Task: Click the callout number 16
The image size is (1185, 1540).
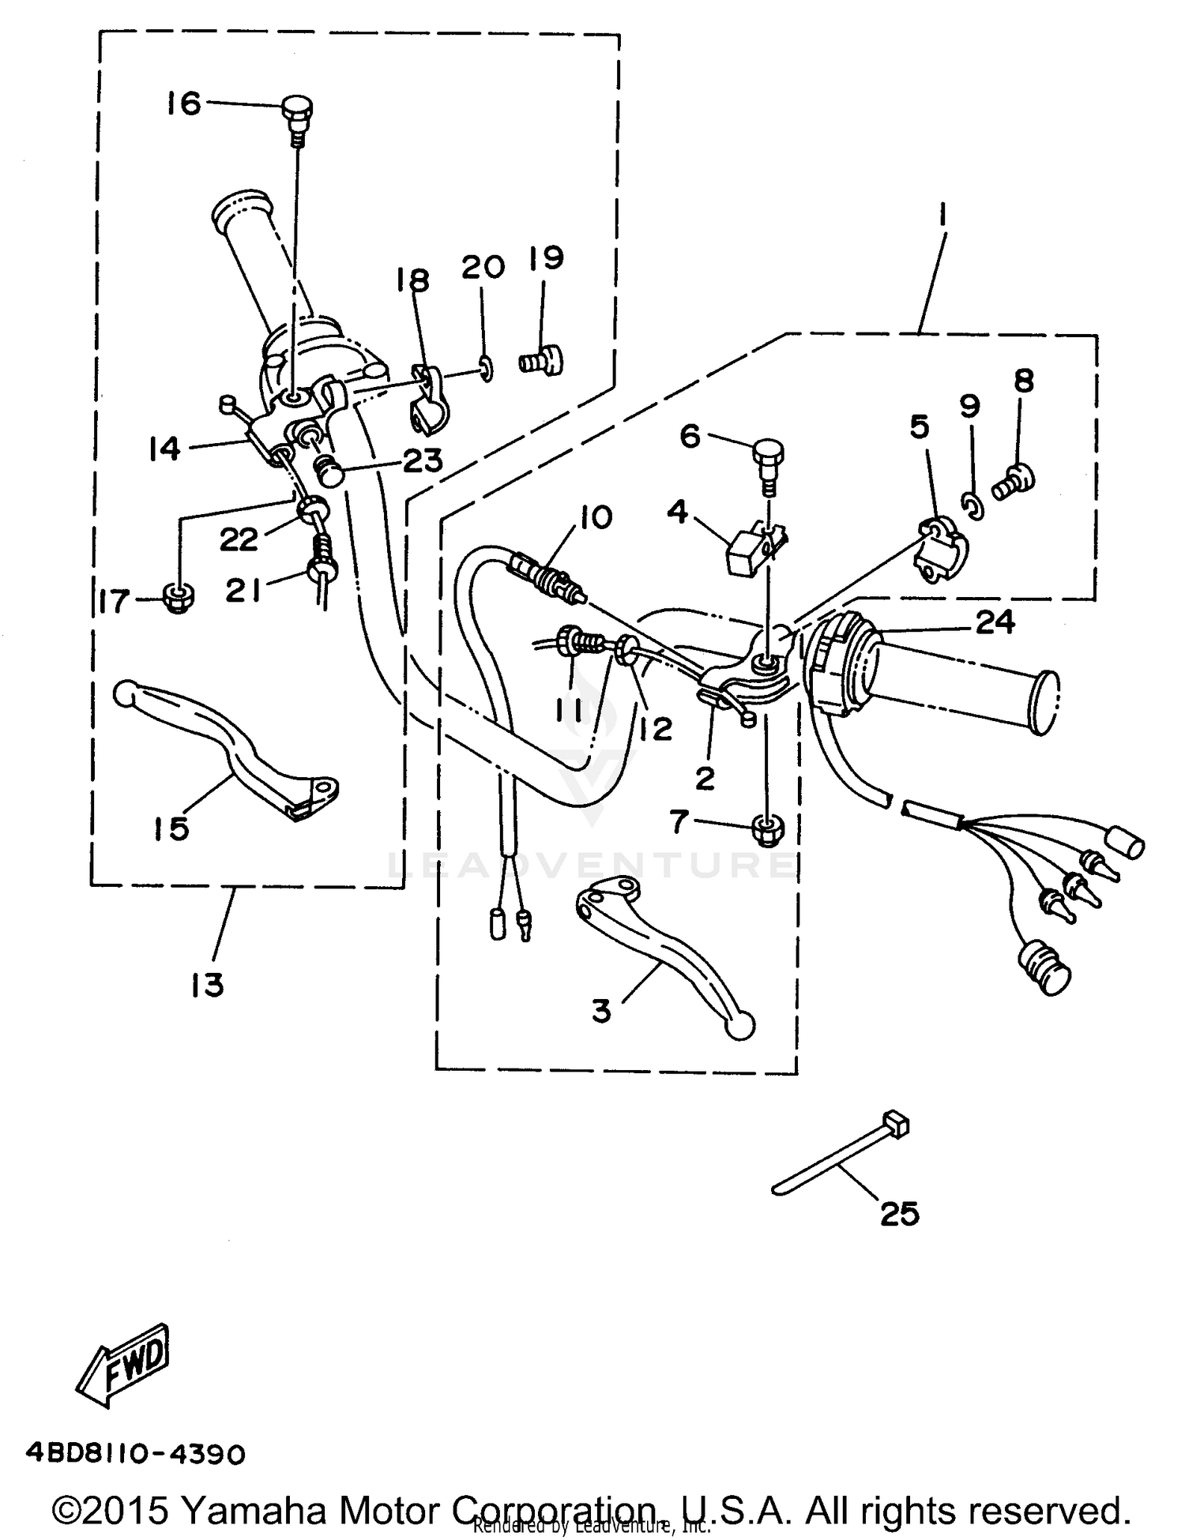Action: [184, 103]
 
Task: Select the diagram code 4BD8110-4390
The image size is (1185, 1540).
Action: [135, 1453]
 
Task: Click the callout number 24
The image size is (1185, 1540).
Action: [995, 623]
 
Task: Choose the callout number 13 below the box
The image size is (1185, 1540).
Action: [207, 985]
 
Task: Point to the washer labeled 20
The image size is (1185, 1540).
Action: [487, 367]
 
